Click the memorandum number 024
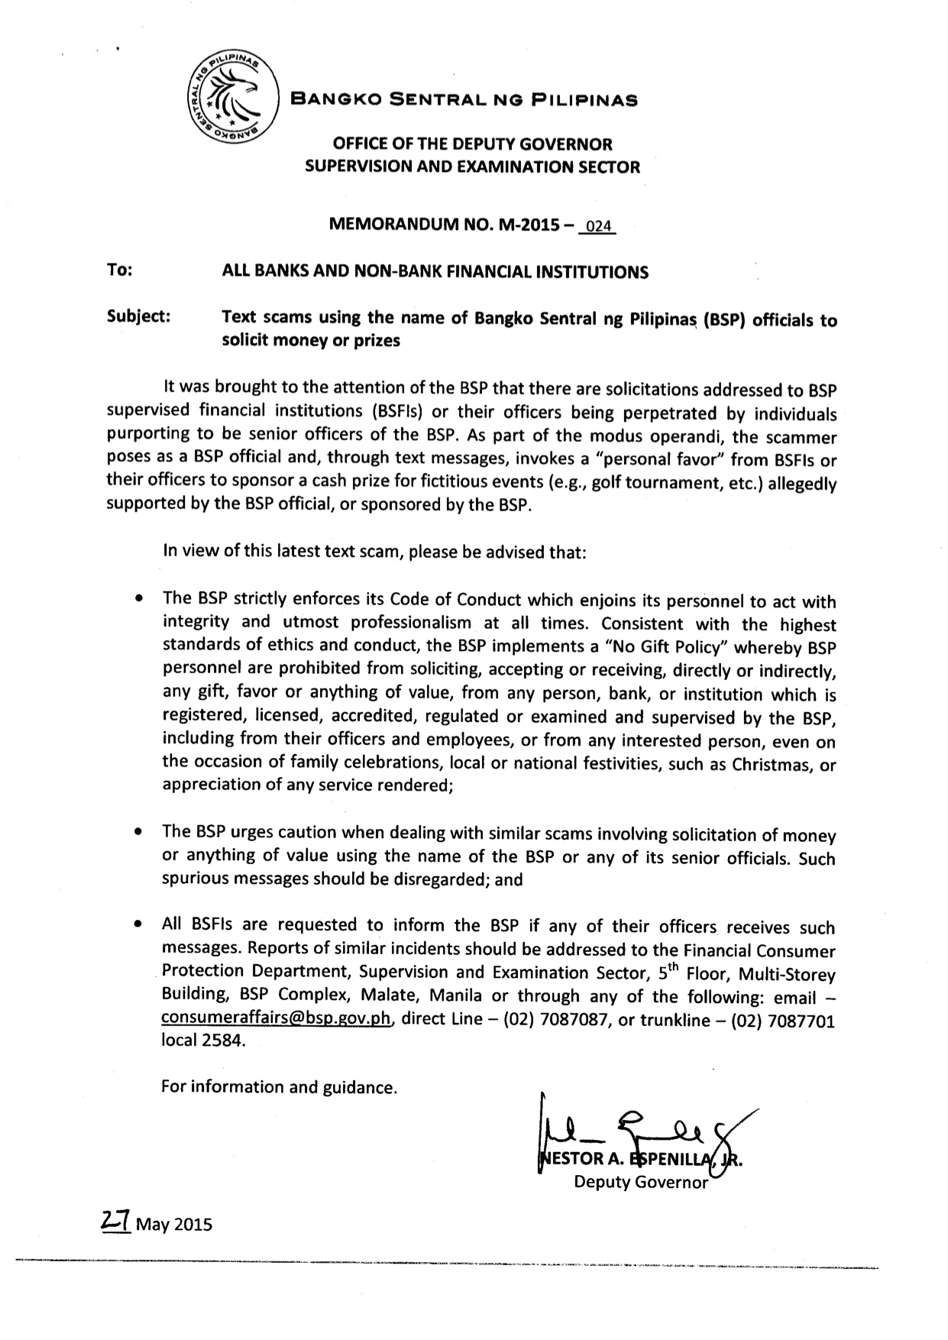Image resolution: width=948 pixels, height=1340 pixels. point(597,227)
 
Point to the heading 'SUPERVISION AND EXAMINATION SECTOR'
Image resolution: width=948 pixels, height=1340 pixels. point(472,167)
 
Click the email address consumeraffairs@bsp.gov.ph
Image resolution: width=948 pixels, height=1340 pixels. point(277,1019)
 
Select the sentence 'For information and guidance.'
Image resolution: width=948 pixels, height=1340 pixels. point(280,1086)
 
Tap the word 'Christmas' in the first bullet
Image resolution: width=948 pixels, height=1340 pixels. point(773,765)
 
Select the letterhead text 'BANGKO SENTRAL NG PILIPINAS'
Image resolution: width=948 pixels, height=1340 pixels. point(466,99)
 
